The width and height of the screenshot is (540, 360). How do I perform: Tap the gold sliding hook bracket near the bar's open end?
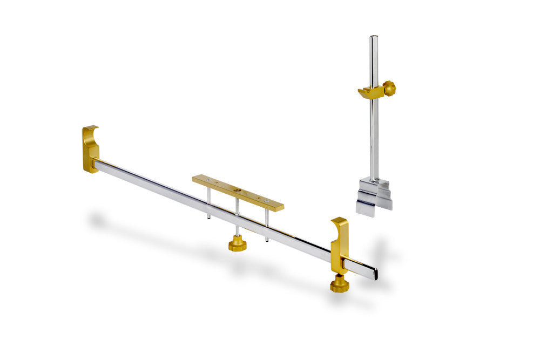tap(339, 246)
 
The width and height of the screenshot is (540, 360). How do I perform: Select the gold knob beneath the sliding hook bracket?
tap(339, 284)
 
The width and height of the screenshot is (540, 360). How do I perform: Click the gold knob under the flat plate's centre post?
tap(237, 244)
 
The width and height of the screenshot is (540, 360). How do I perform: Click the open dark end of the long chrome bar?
tap(375, 274)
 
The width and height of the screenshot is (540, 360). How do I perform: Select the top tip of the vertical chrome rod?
tap(373, 38)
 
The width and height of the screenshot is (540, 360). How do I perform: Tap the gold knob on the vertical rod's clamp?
tap(389, 87)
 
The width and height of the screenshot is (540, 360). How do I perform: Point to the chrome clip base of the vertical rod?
tap(374, 195)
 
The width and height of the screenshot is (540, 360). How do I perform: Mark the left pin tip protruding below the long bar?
tap(209, 217)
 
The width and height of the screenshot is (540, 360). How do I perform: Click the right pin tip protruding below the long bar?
tap(266, 239)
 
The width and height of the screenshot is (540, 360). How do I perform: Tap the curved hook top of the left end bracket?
tap(91, 129)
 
